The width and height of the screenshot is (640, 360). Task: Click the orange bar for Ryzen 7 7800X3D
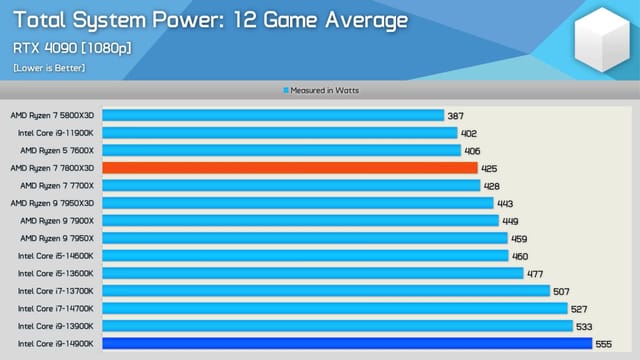click(289, 168)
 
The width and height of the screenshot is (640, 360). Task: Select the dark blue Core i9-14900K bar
click(346, 343)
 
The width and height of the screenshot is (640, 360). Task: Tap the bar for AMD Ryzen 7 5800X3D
click(272, 115)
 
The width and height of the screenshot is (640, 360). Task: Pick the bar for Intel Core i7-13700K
click(326, 291)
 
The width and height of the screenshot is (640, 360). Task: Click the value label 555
click(604, 343)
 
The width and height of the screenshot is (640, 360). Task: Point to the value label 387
click(457, 115)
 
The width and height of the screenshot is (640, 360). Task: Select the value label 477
click(535, 273)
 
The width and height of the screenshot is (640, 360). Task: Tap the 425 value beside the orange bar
click(490, 168)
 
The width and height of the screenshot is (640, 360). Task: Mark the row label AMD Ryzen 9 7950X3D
click(53, 203)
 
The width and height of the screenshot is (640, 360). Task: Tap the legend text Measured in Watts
click(324, 90)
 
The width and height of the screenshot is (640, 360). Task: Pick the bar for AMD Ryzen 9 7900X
click(299, 220)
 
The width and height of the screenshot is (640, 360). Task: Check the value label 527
click(579, 308)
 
